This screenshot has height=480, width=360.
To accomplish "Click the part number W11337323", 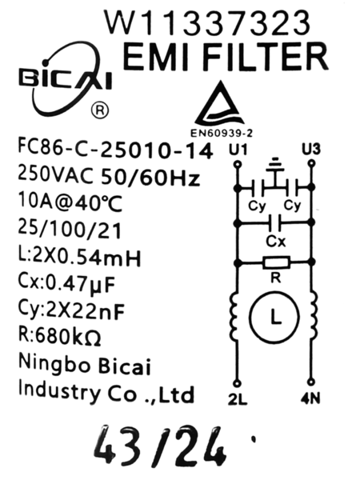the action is (x=207, y=22).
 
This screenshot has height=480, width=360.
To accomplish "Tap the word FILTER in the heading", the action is (x=265, y=58).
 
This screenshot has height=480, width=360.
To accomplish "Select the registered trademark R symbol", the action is (x=100, y=110).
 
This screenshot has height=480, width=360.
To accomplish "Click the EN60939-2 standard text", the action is (x=222, y=133).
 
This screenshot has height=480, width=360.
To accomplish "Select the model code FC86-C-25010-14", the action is (x=115, y=150).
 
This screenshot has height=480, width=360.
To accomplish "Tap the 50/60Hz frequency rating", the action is (x=150, y=178).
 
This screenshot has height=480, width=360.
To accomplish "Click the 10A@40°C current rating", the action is (x=70, y=202).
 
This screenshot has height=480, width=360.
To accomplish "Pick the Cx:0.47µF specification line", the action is (x=66, y=285).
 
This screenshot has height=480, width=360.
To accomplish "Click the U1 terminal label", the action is (x=238, y=150).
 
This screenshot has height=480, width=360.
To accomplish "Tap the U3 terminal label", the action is (x=311, y=149).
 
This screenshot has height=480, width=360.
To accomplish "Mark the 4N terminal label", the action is (x=310, y=399).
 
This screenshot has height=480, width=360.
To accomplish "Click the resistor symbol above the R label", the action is (x=276, y=262).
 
